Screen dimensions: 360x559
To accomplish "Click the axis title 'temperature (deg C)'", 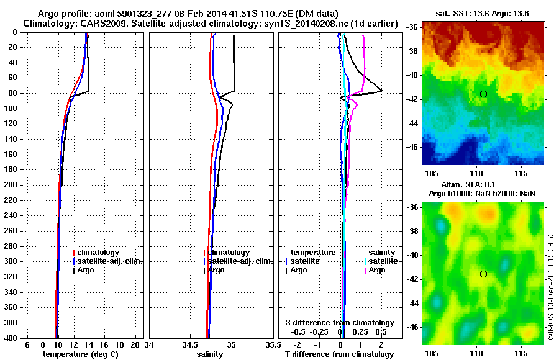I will tap(80, 354).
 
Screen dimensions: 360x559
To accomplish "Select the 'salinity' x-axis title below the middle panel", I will tap(210, 354).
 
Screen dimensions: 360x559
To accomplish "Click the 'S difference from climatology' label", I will tap(340, 323).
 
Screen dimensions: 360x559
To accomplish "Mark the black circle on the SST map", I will tap(483, 94).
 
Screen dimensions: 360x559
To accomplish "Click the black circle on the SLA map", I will tap(483, 274).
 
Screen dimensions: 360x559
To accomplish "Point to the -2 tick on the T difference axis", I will tap(297, 344).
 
